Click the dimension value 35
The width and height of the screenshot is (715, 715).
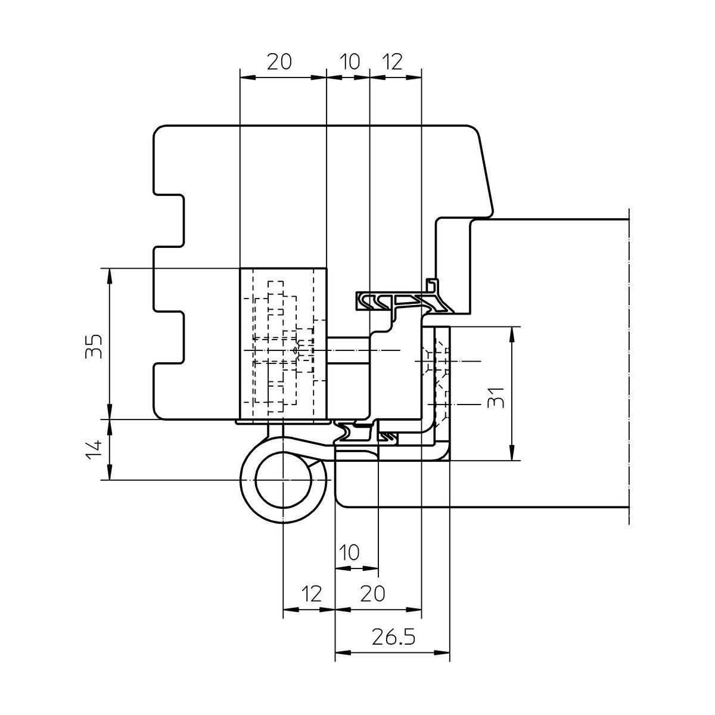pos(94,346)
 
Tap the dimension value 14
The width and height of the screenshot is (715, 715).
pos(94,450)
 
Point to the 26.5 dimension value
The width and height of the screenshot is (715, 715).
pos(393,637)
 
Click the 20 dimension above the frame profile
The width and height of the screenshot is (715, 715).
pos(279,61)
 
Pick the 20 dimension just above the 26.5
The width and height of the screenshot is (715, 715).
pos(372,593)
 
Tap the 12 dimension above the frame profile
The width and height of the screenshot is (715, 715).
pos(392,61)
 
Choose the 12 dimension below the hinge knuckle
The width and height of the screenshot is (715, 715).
pos(311,593)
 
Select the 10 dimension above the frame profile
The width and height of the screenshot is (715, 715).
pos(350,61)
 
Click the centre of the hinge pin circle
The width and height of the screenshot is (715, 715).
pos(283,480)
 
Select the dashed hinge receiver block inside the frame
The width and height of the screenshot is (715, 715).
pos(283,344)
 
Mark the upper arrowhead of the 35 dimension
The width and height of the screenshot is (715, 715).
pos(110,276)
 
